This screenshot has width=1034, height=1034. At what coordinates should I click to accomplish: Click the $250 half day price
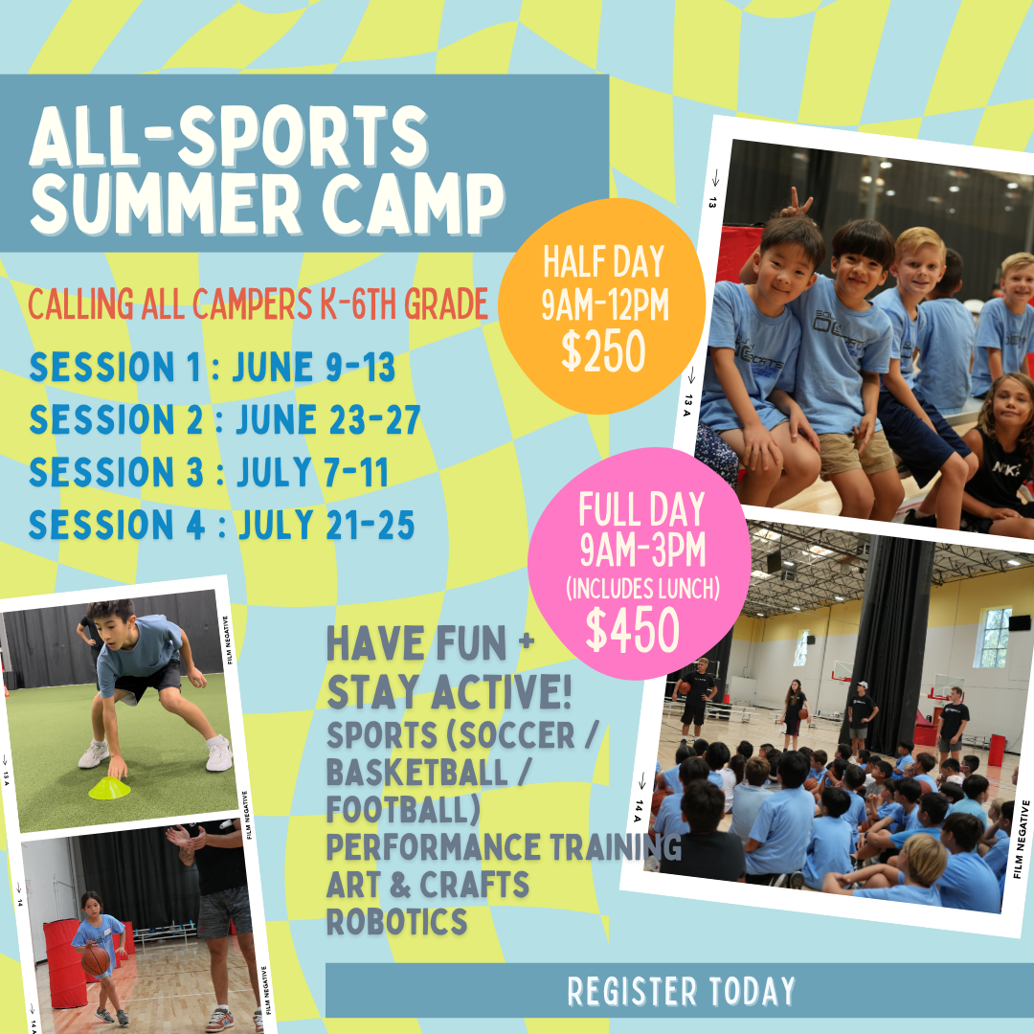click(x=603, y=350)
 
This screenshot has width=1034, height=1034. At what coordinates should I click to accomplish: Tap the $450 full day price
click(x=633, y=629)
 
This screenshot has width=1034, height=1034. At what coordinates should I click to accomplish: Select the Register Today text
click(x=682, y=991)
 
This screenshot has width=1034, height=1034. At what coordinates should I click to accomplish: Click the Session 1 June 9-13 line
click(x=213, y=367)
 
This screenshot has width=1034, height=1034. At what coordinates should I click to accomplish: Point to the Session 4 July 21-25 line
click(x=221, y=525)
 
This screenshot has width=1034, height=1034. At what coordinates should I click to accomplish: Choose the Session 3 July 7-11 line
click(x=209, y=472)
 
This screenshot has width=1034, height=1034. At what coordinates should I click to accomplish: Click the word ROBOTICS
click(x=397, y=921)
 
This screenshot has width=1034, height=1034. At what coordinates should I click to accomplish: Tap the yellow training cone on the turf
click(x=109, y=788)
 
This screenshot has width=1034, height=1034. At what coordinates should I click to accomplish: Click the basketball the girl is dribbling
click(x=96, y=960)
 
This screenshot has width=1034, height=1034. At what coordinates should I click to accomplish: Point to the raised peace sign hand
click(x=797, y=203)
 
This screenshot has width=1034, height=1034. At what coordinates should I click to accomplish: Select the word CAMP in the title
click(x=414, y=202)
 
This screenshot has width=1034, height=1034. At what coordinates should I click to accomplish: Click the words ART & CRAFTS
click(x=427, y=885)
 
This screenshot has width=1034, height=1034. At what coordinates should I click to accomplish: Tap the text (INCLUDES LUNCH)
click(x=643, y=588)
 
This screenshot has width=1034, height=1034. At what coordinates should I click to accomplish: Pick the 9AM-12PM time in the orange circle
click(x=605, y=304)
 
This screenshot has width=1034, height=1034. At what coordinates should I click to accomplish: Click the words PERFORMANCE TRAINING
click(x=504, y=846)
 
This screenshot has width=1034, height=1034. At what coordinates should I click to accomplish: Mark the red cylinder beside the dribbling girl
click(x=65, y=964)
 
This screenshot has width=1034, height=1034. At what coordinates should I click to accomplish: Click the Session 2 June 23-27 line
click(x=225, y=419)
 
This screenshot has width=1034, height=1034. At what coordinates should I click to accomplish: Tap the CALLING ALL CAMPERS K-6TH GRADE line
click(x=258, y=303)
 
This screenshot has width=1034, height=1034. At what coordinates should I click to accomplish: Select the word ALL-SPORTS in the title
click(x=229, y=136)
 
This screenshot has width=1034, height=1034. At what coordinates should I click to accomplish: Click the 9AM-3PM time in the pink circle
click(x=643, y=550)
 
